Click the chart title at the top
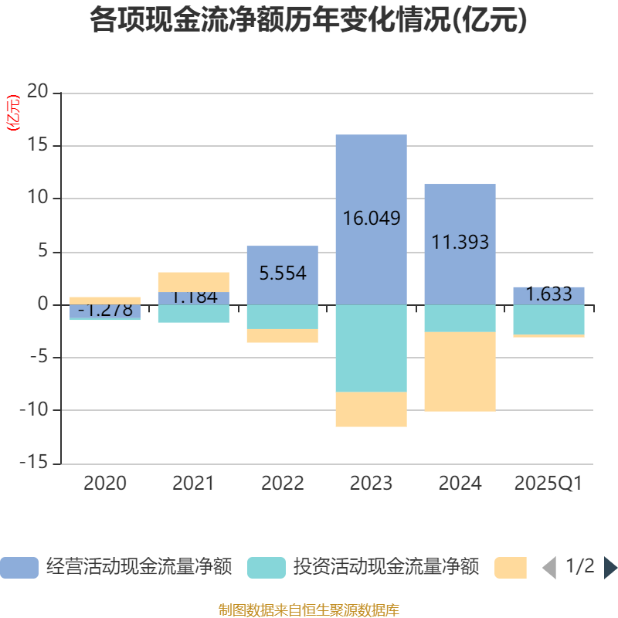[x=309, y=21]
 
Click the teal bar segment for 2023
[x=371, y=348]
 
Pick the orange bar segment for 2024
[x=460, y=372]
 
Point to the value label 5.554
[x=282, y=273]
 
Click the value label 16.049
[x=371, y=219]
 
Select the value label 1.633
[x=548, y=294]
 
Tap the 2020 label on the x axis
[x=105, y=484]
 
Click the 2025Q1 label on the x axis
[x=548, y=484]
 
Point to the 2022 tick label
[x=282, y=484]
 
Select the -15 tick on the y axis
[x=34, y=463]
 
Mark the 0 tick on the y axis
[x=43, y=304]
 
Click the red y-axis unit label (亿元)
[x=13, y=114]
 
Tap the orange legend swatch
[x=511, y=568]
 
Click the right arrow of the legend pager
[x=610, y=568]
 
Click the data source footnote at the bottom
[x=309, y=610]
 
